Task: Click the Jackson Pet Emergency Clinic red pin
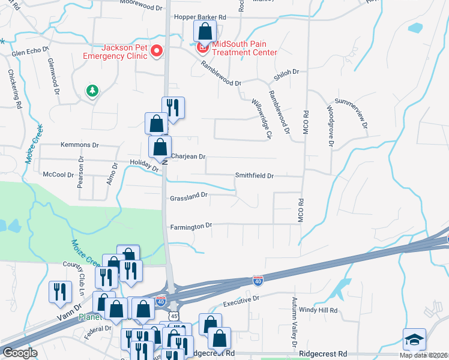coord(157,51)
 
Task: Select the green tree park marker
coord(92,91)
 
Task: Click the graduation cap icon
coord(415,340)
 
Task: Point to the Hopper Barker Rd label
coord(200,18)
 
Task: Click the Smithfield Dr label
coord(254,176)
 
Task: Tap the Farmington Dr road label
coord(191,226)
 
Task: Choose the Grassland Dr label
coord(188,196)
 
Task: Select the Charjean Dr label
coord(188,157)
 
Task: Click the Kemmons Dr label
coord(79,145)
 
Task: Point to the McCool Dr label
coord(59,175)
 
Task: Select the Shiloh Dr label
coord(286,72)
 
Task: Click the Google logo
coord(19,353)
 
